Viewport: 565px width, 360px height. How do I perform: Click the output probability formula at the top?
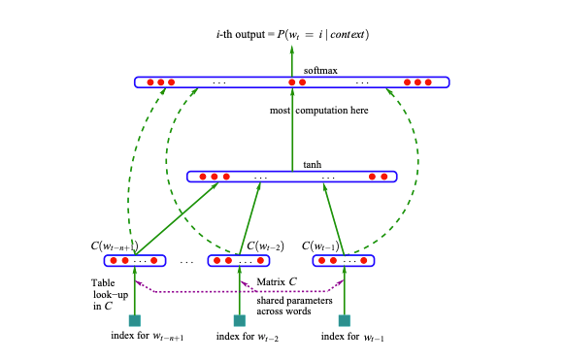(x=292, y=35)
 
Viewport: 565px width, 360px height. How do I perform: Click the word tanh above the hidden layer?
(x=312, y=164)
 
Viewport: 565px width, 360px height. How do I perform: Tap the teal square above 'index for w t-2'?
(x=240, y=320)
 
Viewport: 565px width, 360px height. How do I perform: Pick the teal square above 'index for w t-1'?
(x=344, y=320)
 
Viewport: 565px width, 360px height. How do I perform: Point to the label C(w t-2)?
(x=265, y=245)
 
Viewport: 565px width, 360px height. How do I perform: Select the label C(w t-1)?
(x=323, y=245)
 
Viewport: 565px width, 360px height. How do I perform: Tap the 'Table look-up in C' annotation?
(x=97, y=294)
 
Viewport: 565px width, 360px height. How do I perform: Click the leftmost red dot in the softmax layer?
(x=150, y=82)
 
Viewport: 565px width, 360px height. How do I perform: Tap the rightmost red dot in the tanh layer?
(x=384, y=178)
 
